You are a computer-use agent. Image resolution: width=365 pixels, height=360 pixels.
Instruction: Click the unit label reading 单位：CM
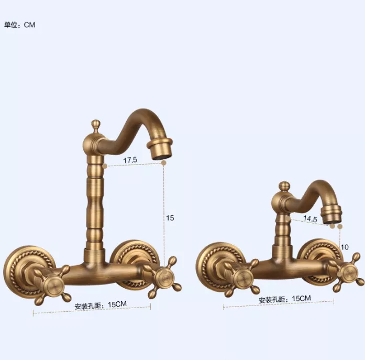click(x=20, y=25)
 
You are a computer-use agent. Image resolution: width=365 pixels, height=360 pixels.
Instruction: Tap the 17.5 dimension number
click(x=130, y=160)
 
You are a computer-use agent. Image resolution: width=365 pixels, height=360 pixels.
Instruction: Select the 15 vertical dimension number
click(x=170, y=218)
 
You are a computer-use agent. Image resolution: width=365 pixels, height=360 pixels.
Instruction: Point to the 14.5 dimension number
click(x=310, y=219)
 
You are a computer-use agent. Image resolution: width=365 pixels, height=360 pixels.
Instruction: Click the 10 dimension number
click(x=345, y=247)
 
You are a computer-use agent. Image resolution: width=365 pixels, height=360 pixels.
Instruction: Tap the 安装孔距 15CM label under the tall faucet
click(x=101, y=305)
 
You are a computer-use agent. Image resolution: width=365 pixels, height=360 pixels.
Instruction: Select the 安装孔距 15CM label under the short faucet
click(x=285, y=299)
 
